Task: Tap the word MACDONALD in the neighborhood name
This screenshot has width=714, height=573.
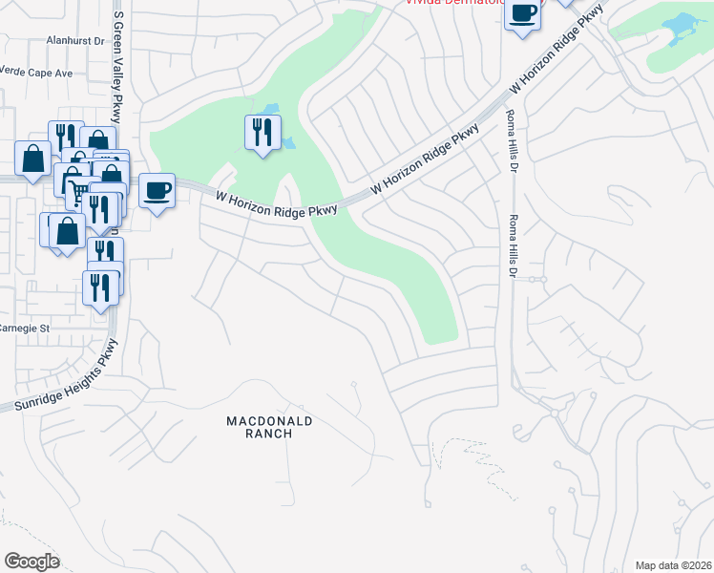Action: tap(269, 420)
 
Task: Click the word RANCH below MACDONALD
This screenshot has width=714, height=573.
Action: tap(269, 434)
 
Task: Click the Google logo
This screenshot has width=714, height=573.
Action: tap(31, 561)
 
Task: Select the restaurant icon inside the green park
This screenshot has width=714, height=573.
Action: tap(262, 132)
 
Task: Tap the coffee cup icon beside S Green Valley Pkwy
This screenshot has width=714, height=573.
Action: tap(157, 190)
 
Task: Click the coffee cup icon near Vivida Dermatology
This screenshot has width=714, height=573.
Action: tap(522, 14)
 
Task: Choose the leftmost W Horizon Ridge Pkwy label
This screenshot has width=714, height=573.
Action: tap(277, 202)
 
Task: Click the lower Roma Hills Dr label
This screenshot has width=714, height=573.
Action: tap(514, 246)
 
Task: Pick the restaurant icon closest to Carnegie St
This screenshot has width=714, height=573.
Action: tap(100, 286)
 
